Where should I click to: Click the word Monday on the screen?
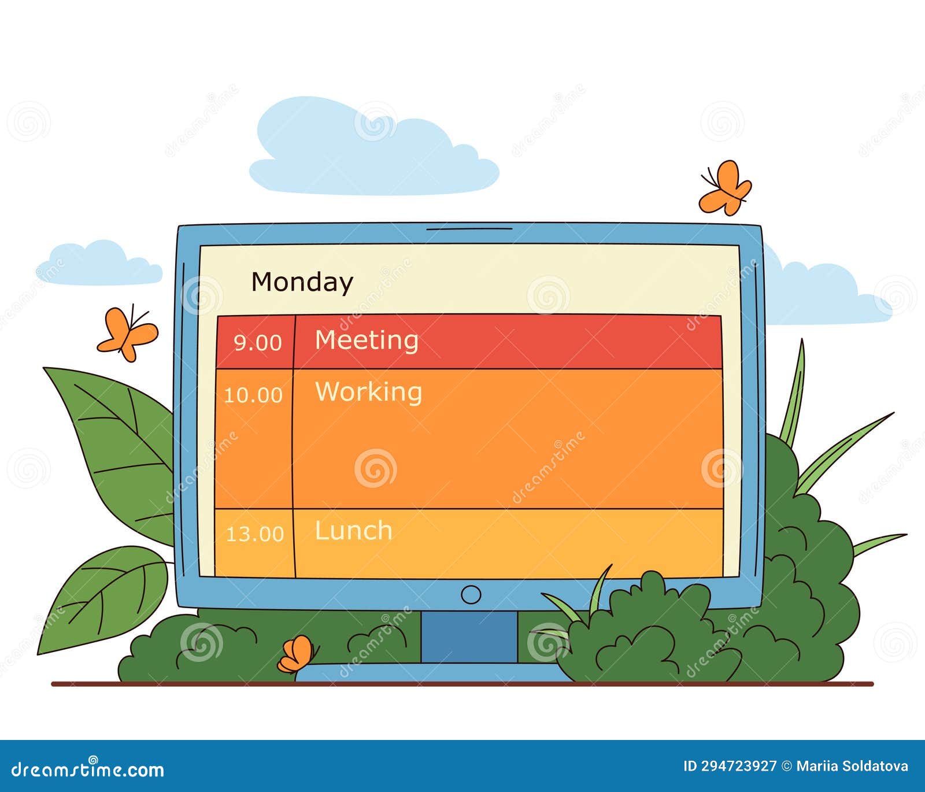click(302, 282)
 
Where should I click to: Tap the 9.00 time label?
click(257, 343)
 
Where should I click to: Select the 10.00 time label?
click(253, 395)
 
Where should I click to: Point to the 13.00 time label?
click(255, 534)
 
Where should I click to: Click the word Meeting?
click(367, 340)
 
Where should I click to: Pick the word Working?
click(369, 392)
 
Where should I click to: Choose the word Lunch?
click(353, 531)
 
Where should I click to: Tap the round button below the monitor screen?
click(471, 594)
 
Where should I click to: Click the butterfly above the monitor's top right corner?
click(725, 188)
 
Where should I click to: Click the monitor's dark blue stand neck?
click(469, 636)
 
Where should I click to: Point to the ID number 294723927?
click(738, 767)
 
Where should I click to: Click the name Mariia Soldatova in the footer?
click(852, 767)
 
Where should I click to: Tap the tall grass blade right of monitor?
click(794, 393)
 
